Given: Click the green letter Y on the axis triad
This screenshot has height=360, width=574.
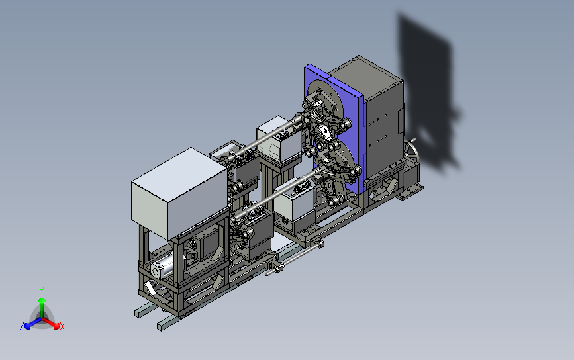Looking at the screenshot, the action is (x=41, y=291).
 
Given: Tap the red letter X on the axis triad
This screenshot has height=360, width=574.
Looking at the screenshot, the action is (x=62, y=326).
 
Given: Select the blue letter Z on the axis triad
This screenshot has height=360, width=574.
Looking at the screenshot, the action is (x=22, y=326).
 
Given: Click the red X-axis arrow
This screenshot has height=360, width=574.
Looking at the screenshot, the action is (x=51, y=322).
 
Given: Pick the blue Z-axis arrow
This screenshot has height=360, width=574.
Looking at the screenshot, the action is (x=33, y=323).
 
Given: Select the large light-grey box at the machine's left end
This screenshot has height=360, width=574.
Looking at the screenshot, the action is (x=179, y=194).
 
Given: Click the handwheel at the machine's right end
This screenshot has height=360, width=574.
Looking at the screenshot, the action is (x=412, y=150).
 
